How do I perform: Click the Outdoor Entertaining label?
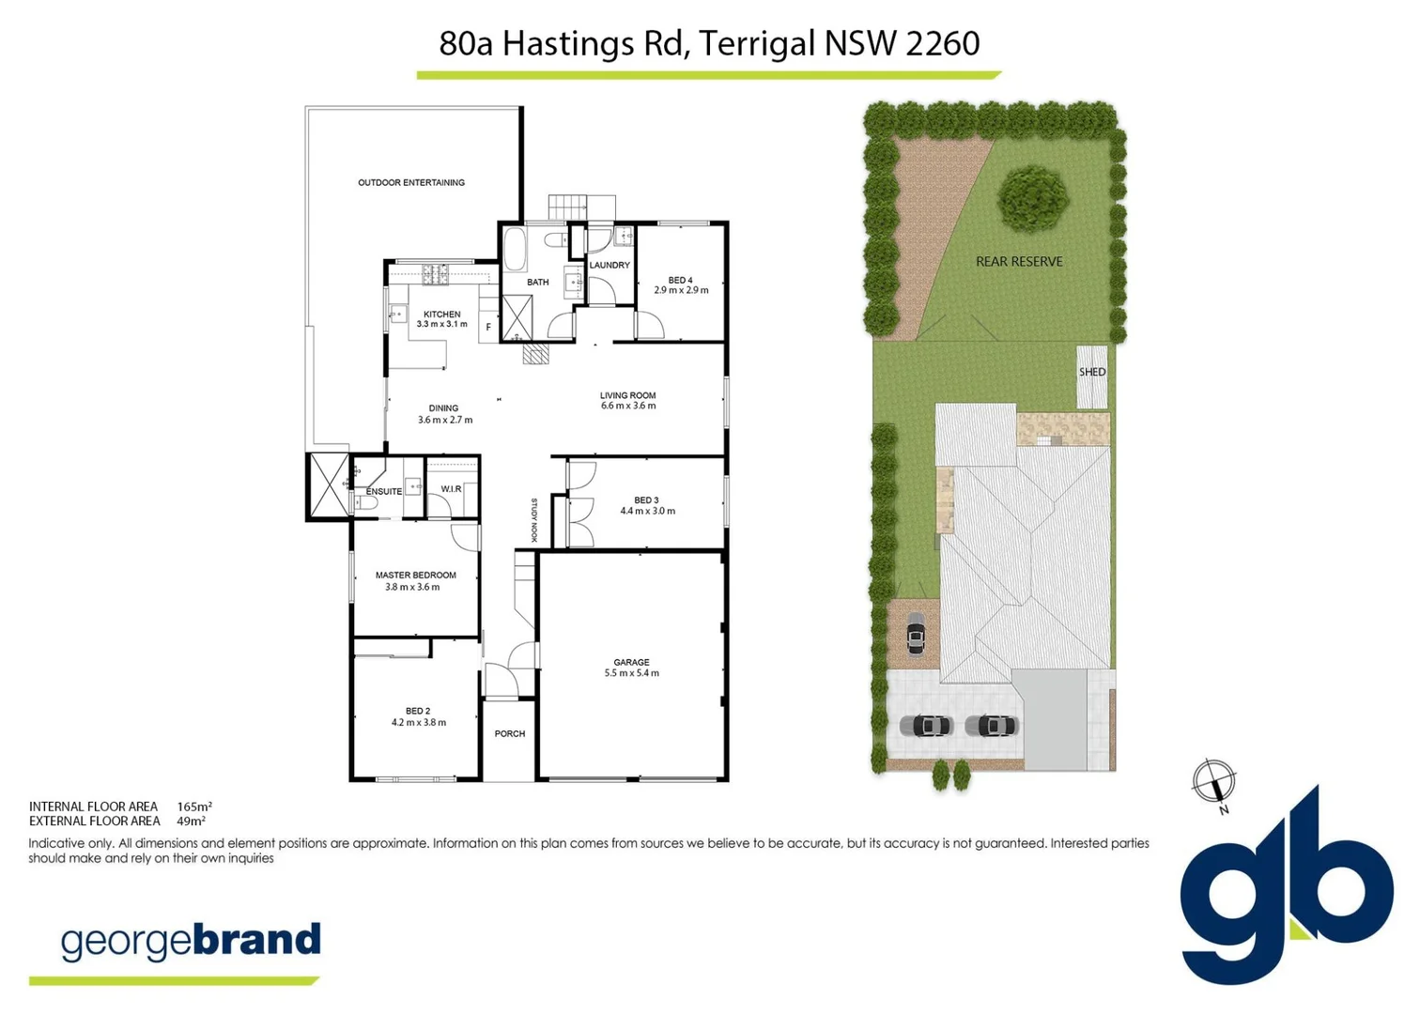[411, 182]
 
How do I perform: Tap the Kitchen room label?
[441, 315]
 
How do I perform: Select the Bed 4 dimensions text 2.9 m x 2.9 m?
[681, 291]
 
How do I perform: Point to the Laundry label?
[610, 266]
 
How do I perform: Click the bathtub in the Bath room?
[515, 249]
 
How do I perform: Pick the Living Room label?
[627, 395]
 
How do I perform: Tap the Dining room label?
[443, 408]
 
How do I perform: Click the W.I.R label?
[451, 489]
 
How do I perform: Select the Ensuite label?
[384, 491]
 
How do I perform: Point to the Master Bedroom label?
[415, 576]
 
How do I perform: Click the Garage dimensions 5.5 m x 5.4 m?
[631, 673]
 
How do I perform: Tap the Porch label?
[510, 734]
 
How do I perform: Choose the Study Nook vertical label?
[534, 519]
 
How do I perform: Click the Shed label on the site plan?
[1092, 373]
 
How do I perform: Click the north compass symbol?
[1213, 782]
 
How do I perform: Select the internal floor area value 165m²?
[194, 807]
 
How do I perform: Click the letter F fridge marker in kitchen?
[487, 328]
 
